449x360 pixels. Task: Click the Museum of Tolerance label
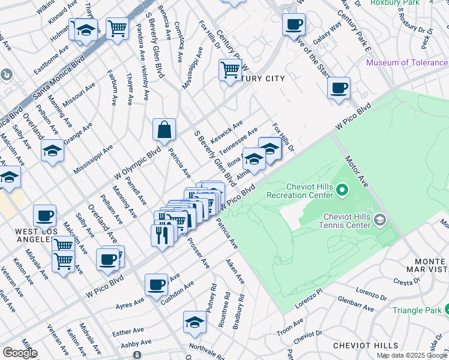point(406,62)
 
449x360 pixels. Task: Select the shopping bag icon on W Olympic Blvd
point(164,130)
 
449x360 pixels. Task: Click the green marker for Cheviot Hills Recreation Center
point(342,191)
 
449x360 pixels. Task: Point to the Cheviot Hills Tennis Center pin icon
point(379,221)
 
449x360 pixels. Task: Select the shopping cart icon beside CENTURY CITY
point(230,70)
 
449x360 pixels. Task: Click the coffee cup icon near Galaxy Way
point(294,25)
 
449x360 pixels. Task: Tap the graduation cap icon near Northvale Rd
point(194,323)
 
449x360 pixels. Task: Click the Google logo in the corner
point(20,353)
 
